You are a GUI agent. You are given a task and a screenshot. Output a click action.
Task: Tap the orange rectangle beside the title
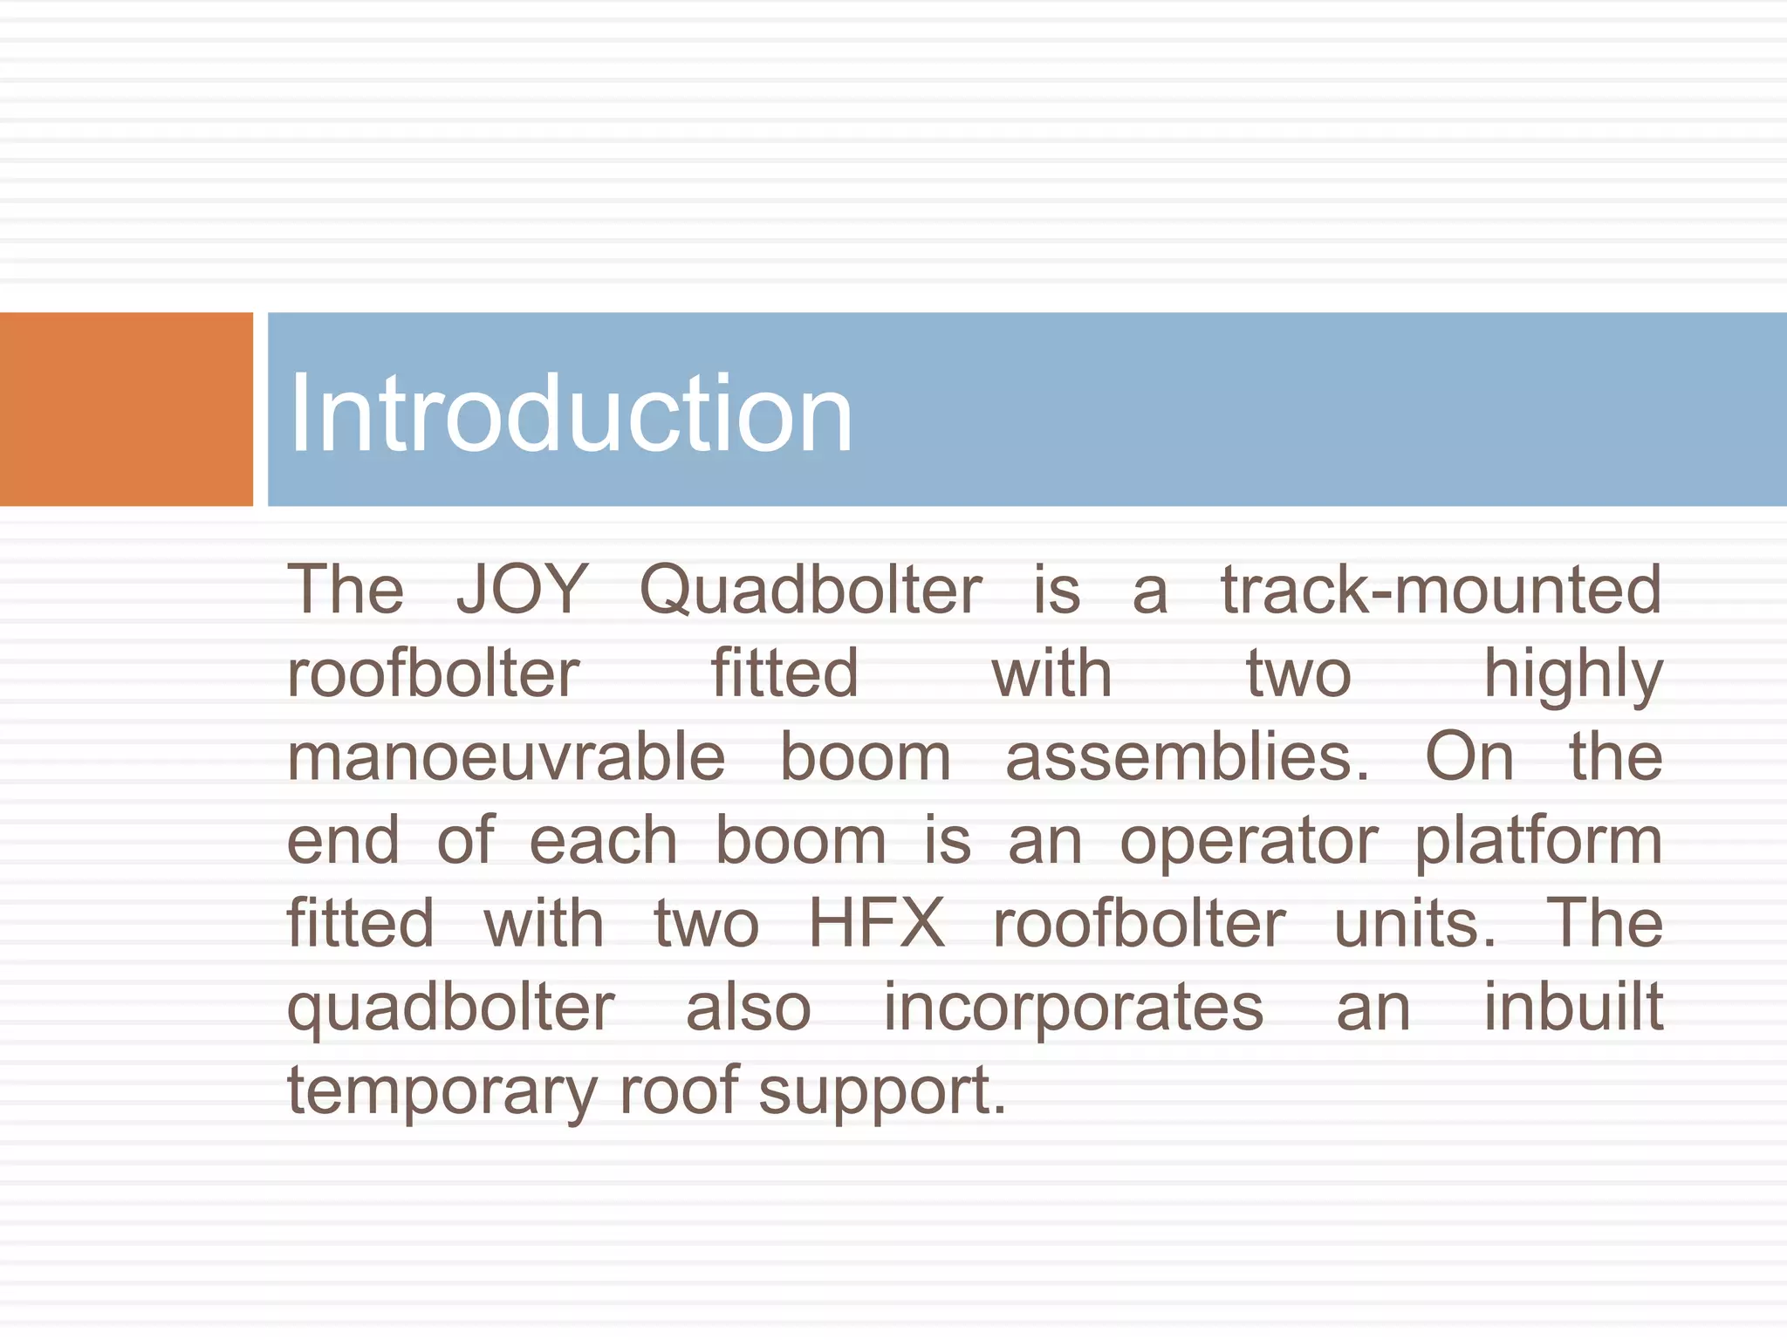pos(126,409)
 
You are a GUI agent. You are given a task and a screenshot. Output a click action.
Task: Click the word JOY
pos(522,590)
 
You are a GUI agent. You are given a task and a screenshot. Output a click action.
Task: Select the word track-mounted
pos(1441,590)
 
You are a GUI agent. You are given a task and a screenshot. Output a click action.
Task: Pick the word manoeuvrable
pos(506,757)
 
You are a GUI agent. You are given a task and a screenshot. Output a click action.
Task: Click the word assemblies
pos(1187,757)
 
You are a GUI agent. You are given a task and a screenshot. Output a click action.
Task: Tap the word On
pos(1469,757)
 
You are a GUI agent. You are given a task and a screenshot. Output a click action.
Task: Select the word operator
pos(1249,843)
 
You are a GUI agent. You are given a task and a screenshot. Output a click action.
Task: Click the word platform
pos(1538,843)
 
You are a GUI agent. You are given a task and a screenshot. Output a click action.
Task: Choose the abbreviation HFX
pos(876,923)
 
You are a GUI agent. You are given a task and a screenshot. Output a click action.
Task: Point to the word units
pos(1414,923)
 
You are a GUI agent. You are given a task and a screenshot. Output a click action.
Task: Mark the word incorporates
pos(1073,1008)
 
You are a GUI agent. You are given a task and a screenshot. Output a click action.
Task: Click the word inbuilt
pos(1573,1008)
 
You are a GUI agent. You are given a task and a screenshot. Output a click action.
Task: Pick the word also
pos(749,1008)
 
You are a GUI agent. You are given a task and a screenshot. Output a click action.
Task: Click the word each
pos(603,841)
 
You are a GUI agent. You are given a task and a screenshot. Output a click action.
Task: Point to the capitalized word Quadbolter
pos(811,590)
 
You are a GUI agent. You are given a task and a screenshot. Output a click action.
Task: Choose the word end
pos(343,841)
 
